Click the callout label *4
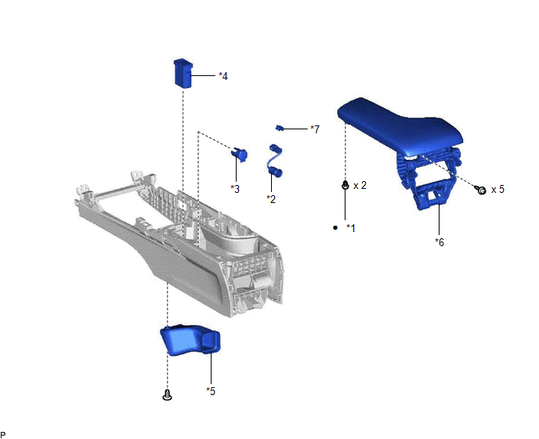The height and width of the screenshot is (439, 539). click(223, 76)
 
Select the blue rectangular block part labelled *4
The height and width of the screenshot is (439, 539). click(183, 74)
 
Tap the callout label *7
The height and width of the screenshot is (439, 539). click(315, 129)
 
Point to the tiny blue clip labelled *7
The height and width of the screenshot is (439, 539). click(280, 129)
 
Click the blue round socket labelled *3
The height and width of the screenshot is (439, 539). click(239, 154)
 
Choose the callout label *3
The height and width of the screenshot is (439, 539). click(235, 189)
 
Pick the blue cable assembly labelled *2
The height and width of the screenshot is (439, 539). click(276, 161)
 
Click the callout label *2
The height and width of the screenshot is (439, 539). click(271, 199)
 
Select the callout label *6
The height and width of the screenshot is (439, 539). click(440, 242)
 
